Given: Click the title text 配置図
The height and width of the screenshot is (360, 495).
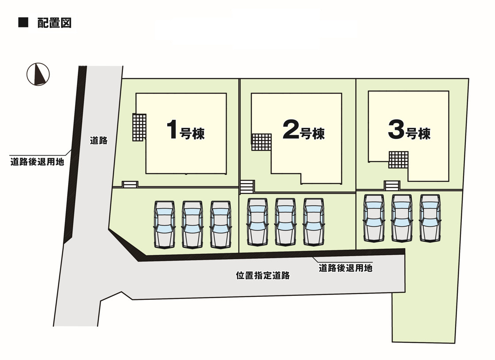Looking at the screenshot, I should pyautogui.click(x=54, y=23).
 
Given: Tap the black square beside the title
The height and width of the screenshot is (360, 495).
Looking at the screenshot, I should pyautogui.click(x=23, y=23).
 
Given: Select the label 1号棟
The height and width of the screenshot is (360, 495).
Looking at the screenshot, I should pyautogui.click(x=185, y=131).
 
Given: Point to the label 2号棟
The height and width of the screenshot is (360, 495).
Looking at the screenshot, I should pyautogui.click(x=303, y=130).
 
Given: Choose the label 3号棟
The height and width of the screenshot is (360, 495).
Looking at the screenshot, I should pyautogui.click(x=409, y=130).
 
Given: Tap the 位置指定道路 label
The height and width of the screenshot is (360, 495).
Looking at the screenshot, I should pyautogui.click(x=263, y=276).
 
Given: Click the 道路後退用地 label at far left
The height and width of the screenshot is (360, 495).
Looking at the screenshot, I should pyautogui.click(x=38, y=161).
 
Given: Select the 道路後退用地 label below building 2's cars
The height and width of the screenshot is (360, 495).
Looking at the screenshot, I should pyautogui.click(x=345, y=268).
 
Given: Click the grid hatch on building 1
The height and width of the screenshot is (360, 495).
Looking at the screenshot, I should pyautogui.click(x=139, y=127).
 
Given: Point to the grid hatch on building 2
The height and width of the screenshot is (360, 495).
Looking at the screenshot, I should pyautogui.click(x=261, y=142).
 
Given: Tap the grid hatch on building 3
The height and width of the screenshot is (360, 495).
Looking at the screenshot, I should pyautogui.click(x=398, y=160).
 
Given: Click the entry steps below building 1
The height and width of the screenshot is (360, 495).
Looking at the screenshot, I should pyautogui.click(x=130, y=185).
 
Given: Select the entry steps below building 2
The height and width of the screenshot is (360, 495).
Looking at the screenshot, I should pyautogui.click(x=247, y=187).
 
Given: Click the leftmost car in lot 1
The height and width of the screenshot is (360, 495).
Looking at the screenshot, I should pyautogui.click(x=164, y=224).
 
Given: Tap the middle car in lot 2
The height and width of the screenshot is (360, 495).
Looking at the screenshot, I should pyautogui.click(x=285, y=221).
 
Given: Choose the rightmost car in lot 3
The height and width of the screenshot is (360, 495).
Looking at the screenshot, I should pyautogui.click(x=430, y=218).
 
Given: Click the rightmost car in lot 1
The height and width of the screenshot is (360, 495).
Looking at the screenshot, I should pyautogui.click(x=220, y=224).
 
